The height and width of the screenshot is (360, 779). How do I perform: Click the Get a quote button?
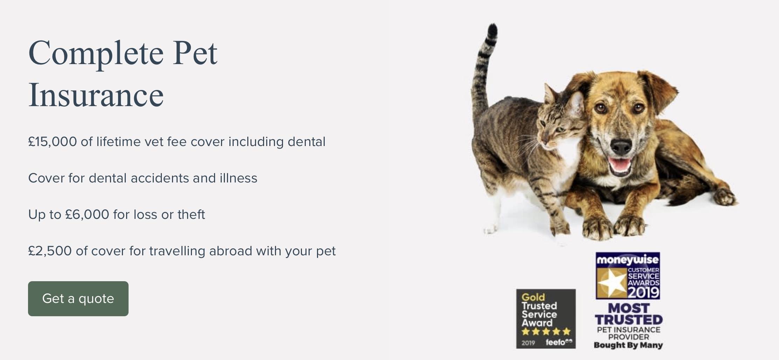click(x=78, y=299)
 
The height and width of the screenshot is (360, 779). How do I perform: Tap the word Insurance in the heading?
click(x=96, y=95)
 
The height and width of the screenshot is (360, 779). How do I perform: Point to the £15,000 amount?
click(x=53, y=142)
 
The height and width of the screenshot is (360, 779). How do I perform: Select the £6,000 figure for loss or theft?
click(x=87, y=214)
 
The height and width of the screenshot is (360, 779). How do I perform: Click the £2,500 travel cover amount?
click(x=50, y=251)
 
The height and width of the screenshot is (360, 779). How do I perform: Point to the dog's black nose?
click(x=621, y=147)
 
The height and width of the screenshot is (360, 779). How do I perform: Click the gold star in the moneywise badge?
click(x=612, y=283)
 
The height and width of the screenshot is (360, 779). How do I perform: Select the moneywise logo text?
click(x=628, y=260)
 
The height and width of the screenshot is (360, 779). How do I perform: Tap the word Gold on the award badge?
click(x=533, y=297)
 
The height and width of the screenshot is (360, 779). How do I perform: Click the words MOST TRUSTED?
click(x=629, y=314)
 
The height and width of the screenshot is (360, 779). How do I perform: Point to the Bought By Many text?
click(x=628, y=345)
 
